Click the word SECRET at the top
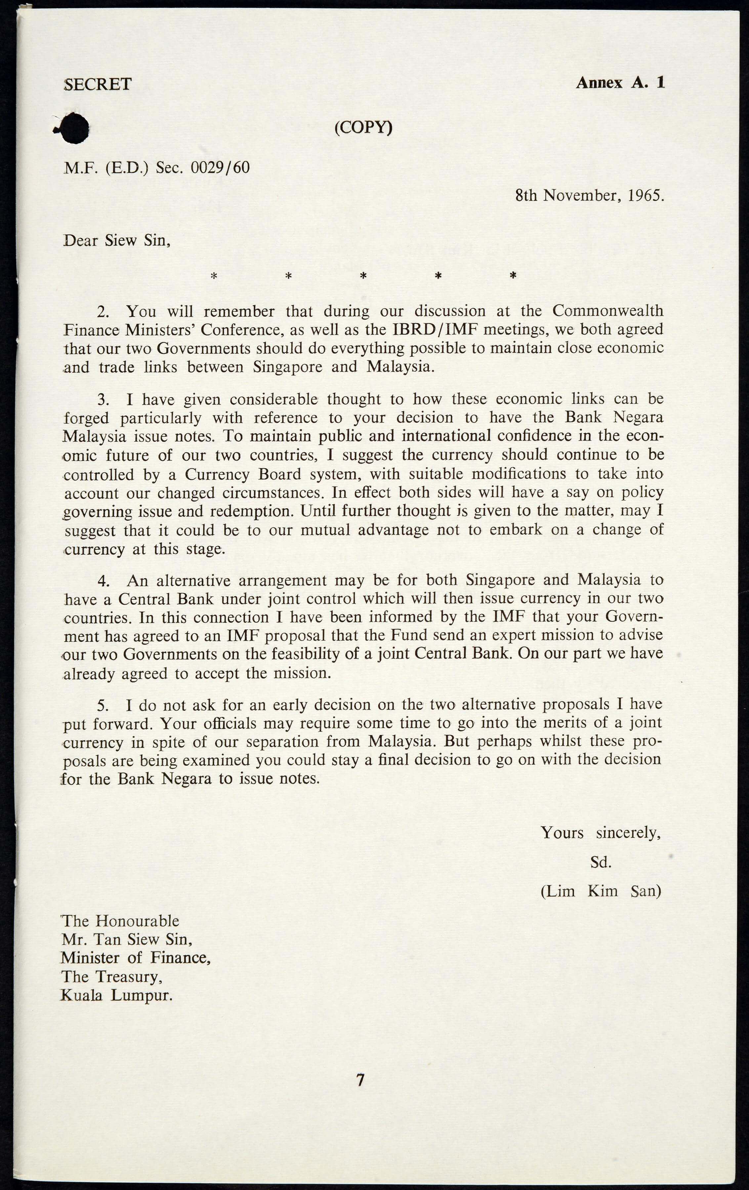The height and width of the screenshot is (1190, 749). pyautogui.click(x=98, y=84)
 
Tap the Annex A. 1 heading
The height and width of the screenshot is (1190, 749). pyautogui.click(x=620, y=83)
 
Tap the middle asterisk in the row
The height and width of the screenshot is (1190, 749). pyautogui.click(x=363, y=276)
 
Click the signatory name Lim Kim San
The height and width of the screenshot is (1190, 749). pyautogui.click(x=601, y=891)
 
